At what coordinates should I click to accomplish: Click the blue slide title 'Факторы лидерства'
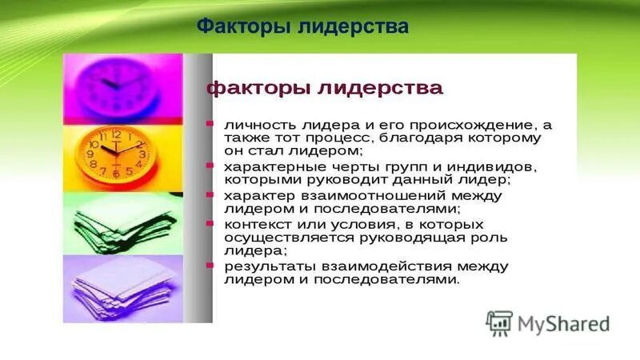click(x=302, y=27)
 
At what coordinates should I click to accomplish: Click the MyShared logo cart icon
click(x=499, y=322)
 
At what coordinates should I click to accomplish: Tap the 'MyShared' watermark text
click(x=563, y=323)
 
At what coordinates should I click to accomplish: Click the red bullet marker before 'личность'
click(x=209, y=124)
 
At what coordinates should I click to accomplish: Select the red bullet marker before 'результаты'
click(x=209, y=265)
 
